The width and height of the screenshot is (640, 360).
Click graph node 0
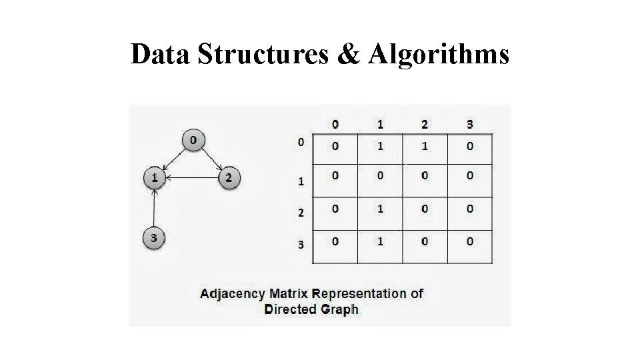(193, 140)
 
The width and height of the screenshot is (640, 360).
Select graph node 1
(155, 177)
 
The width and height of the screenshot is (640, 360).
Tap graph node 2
(229, 177)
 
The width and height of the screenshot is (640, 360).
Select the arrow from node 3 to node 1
(155, 207)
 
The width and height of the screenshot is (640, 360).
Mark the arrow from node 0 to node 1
(173, 159)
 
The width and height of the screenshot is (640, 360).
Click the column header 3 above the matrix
(469, 124)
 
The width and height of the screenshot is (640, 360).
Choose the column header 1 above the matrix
(380, 124)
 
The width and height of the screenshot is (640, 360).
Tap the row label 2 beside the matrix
(301, 213)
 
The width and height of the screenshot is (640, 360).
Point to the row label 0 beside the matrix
(301, 141)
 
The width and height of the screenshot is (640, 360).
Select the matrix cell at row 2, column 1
(380, 209)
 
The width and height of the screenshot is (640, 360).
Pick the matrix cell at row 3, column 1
(380, 241)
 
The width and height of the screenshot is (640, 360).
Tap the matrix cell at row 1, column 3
(469, 176)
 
